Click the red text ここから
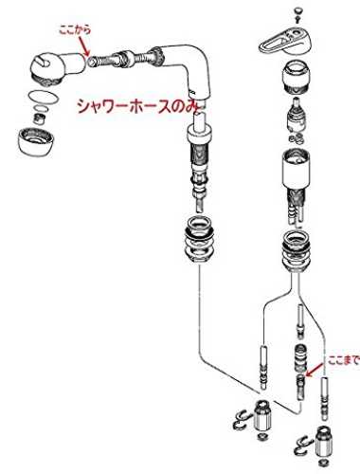75,29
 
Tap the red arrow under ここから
84,46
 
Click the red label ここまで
344,360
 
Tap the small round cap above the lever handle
297,11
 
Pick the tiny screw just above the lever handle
297,20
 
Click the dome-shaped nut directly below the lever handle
297,78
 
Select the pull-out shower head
58,67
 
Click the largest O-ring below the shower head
44,97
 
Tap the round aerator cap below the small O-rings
35,140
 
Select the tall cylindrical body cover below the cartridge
296,169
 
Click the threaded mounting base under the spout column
200,240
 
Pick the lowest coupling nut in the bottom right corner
322,440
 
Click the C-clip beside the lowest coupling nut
302,445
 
